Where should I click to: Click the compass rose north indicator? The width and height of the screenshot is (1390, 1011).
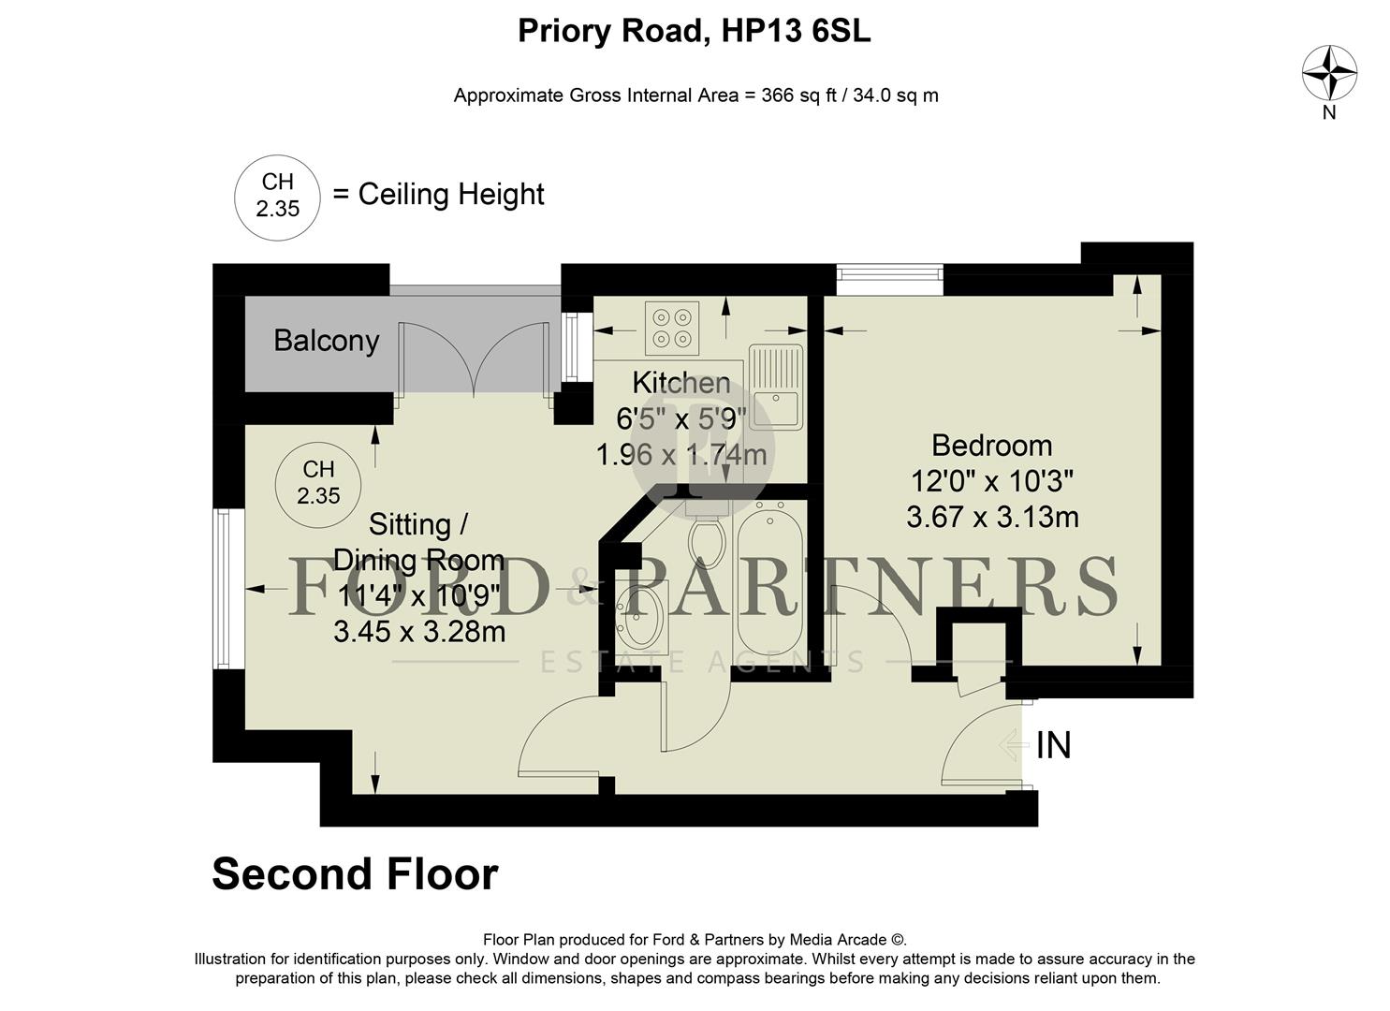[x=1329, y=74]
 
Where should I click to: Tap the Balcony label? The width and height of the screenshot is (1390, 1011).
[x=326, y=341]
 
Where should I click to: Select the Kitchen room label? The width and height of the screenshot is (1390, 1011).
[x=680, y=383]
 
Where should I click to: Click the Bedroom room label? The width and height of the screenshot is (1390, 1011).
[x=991, y=445]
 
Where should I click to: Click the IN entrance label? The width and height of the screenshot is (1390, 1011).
[x=1054, y=746]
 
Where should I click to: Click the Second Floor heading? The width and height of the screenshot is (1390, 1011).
[x=355, y=874]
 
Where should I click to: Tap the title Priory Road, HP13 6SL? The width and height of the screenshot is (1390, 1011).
[x=695, y=32]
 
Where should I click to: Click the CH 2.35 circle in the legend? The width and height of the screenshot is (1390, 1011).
[x=277, y=197]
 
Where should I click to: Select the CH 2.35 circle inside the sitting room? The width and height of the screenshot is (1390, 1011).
[x=318, y=483]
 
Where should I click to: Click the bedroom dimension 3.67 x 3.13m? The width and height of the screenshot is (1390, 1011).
[x=992, y=517]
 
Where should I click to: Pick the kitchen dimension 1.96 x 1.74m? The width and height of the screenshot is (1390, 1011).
[x=680, y=455]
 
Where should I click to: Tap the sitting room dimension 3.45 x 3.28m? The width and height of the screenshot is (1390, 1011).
[x=419, y=632]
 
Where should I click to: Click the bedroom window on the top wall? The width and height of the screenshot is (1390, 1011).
[x=888, y=273]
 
